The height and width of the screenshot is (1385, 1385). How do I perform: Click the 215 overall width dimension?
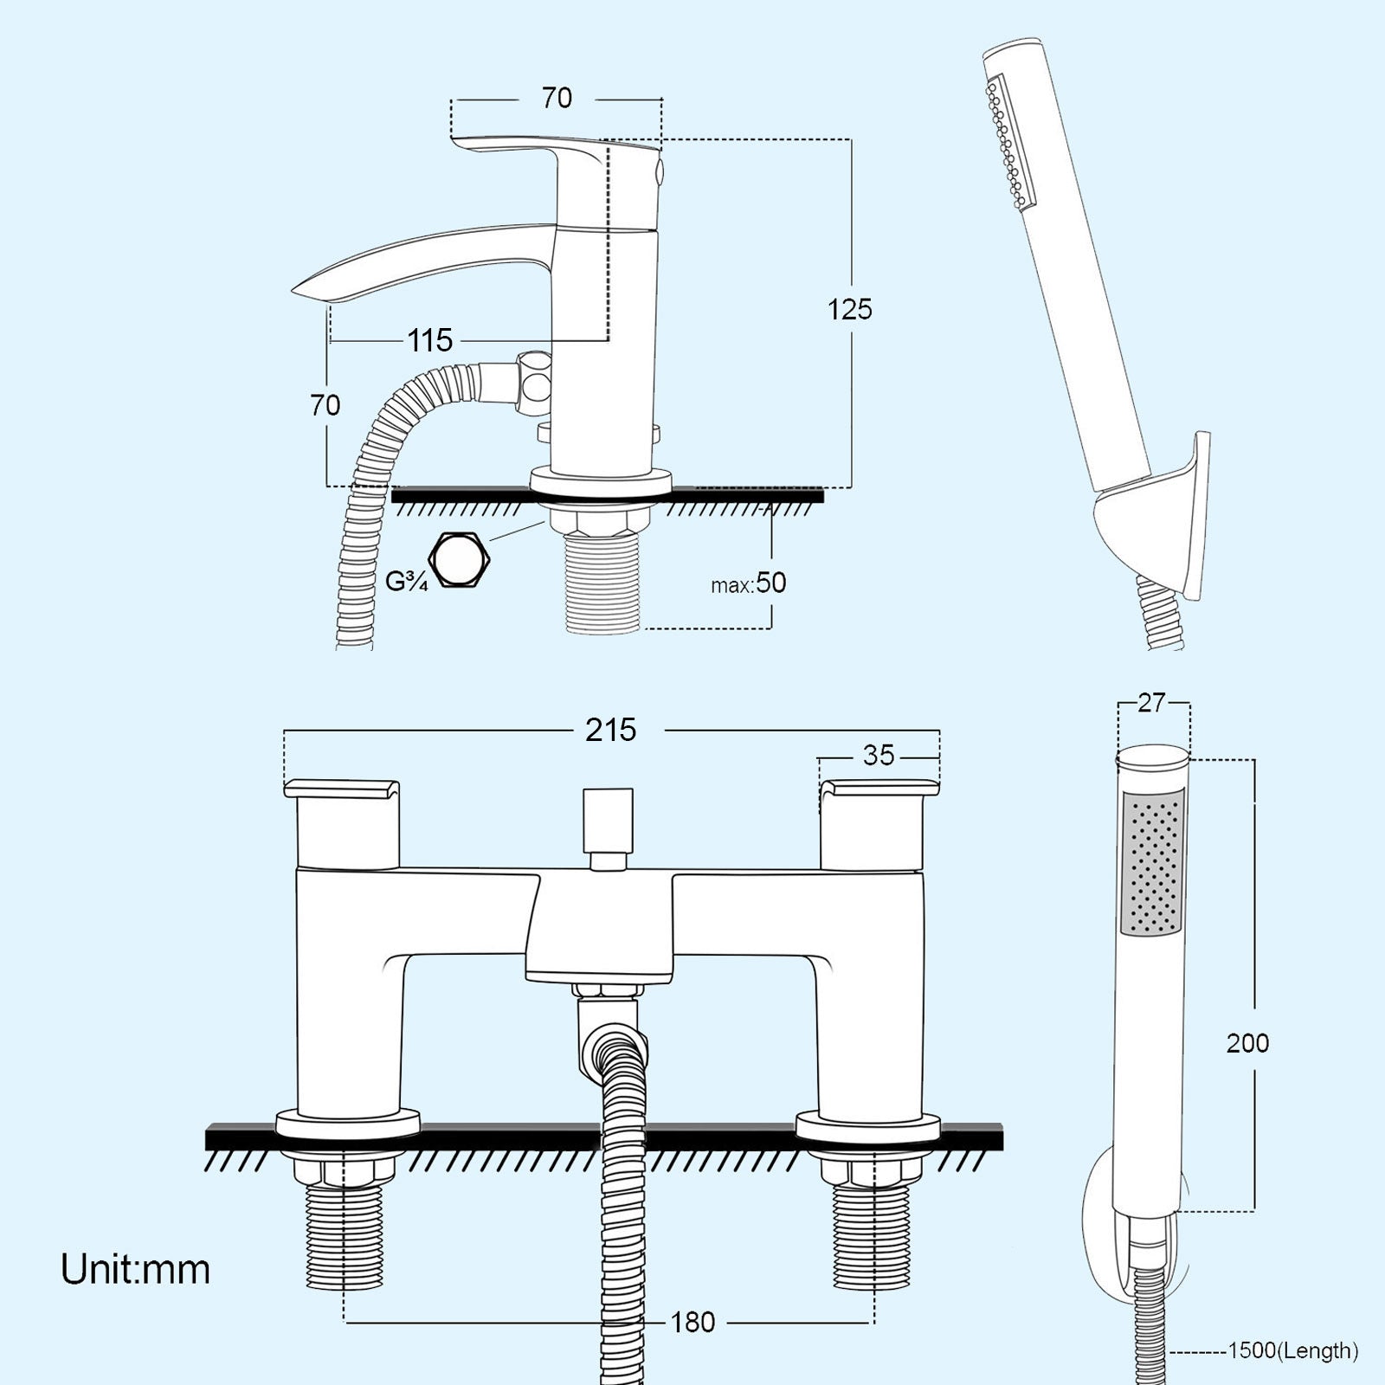pos(610,730)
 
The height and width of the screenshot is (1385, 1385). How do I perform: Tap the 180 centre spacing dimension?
pos(692,1322)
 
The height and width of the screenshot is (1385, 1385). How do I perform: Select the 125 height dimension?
pos(849,309)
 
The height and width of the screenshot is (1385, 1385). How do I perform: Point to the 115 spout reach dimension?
pos(430,340)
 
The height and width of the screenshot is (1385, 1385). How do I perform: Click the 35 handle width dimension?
pos(878,756)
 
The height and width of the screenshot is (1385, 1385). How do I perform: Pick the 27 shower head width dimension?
pos(1151,703)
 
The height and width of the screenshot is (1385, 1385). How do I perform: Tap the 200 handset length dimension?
pos(1247,1043)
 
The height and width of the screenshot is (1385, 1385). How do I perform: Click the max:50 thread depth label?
pos(749,583)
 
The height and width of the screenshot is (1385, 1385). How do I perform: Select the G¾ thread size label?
pos(406,582)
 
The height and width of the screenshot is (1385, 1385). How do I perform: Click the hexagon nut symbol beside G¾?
pos(461,560)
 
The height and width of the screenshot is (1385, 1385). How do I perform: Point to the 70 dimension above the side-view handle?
pos(557,98)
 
